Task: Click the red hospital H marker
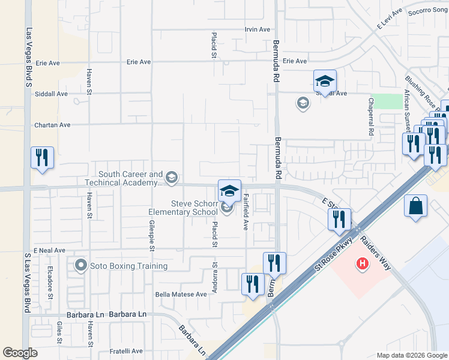click(362, 263)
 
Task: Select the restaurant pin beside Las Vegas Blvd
click(42, 158)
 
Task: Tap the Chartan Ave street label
click(52, 125)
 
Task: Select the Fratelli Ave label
click(125, 351)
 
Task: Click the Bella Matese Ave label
click(181, 294)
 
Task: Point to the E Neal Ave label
click(49, 250)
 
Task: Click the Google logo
click(20, 353)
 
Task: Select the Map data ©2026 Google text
click(411, 355)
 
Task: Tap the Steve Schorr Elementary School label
click(185, 208)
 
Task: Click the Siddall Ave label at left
click(52, 94)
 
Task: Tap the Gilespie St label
click(151, 234)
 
